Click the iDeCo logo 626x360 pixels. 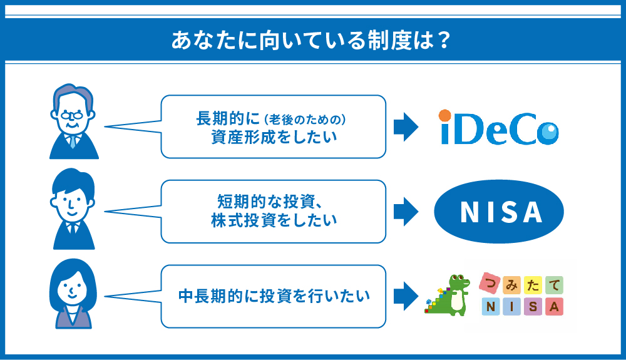[498, 127]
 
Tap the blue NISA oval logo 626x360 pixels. [499, 212]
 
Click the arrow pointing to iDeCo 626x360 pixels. [406, 127]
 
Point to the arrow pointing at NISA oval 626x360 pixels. [406, 212]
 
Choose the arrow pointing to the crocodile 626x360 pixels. [406, 296]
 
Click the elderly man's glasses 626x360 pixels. [72, 116]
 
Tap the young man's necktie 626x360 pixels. [73, 229]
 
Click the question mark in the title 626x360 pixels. [444, 40]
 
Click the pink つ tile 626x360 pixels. [490, 284]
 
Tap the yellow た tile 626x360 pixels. [533, 285]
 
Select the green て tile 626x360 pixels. [554, 285]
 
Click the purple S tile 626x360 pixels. [533, 307]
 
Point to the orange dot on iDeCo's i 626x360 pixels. [444, 116]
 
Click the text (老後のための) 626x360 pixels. [305, 120]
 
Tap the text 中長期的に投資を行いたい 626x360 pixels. [274, 296]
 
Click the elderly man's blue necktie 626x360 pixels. [73, 141]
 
